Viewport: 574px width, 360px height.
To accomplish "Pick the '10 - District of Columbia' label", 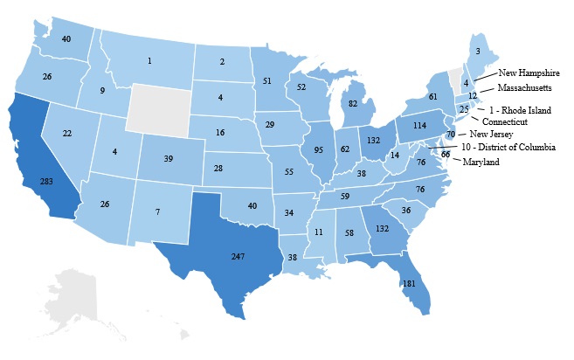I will [511, 148].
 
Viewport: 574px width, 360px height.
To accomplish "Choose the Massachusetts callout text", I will [524, 88].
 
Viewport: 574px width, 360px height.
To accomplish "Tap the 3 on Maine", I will [477, 52].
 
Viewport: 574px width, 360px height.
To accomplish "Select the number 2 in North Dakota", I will [222, 61].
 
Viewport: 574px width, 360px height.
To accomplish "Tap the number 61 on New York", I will [432, 96].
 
